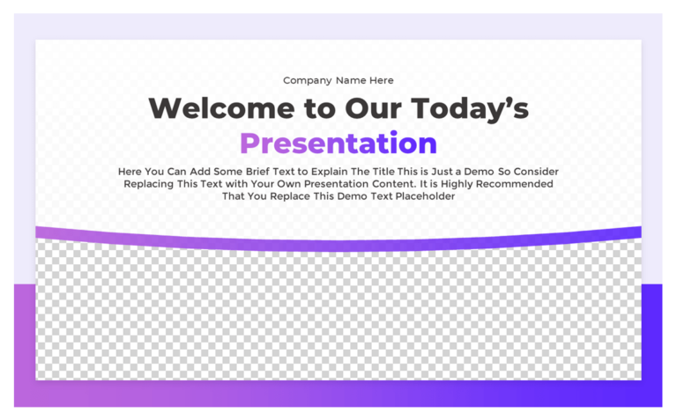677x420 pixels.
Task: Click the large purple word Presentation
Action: [338, 144]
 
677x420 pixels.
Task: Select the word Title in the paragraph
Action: [388, 172]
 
